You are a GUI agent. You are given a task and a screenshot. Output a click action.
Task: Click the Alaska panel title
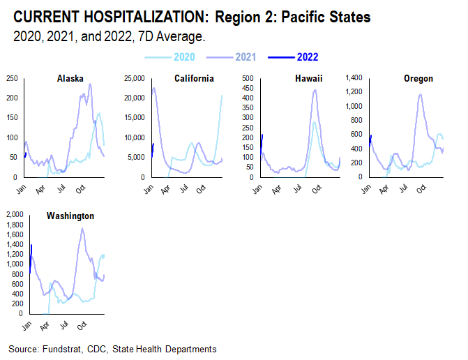(70, 79)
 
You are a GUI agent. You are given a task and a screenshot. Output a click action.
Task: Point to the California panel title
(194, 79)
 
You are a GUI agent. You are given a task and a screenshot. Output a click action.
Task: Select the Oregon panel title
(418, 79)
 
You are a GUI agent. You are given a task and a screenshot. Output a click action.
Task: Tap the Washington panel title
(70, 216)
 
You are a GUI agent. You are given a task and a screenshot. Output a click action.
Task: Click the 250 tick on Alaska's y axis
(13, 79)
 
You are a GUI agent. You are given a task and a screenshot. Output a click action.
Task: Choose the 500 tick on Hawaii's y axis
(247, 79)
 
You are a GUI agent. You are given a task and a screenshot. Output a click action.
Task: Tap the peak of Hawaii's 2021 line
(314, 90)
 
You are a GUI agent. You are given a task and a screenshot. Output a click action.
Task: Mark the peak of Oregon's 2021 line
(421, 94)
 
